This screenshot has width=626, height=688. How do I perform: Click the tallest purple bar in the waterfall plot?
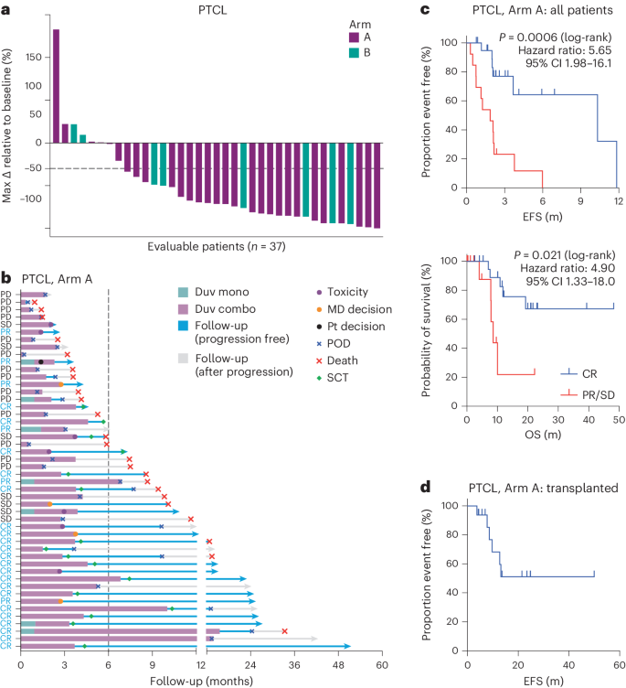point(56,86)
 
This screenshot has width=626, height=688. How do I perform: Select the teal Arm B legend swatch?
point(355,54)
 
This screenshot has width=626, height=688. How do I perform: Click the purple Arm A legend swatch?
point(355,38)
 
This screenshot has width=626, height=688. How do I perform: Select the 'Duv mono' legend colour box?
point(185,292)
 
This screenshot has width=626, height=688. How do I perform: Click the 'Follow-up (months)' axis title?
point(201,680)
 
